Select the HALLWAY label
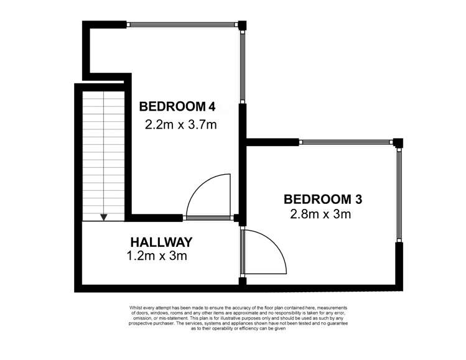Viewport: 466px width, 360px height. pyautogui.click(x=161, y=241)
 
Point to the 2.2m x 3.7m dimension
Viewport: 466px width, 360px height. pyautogui.click(x=180, y=124)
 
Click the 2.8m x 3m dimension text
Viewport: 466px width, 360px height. pyautogui.click(x=321, y=215)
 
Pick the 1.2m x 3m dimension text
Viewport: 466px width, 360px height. pyautogui.click(x=157, y=255)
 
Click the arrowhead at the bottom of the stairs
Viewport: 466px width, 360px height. pyautogui.click(x=104, y=217)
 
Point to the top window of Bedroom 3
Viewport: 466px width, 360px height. pyautogui.click(x=348, y=142)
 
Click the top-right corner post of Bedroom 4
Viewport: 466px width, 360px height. pyautogui.click(x=243, y=25)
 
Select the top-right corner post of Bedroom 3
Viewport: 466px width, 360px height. pyautogui.click(x=399, y=143)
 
